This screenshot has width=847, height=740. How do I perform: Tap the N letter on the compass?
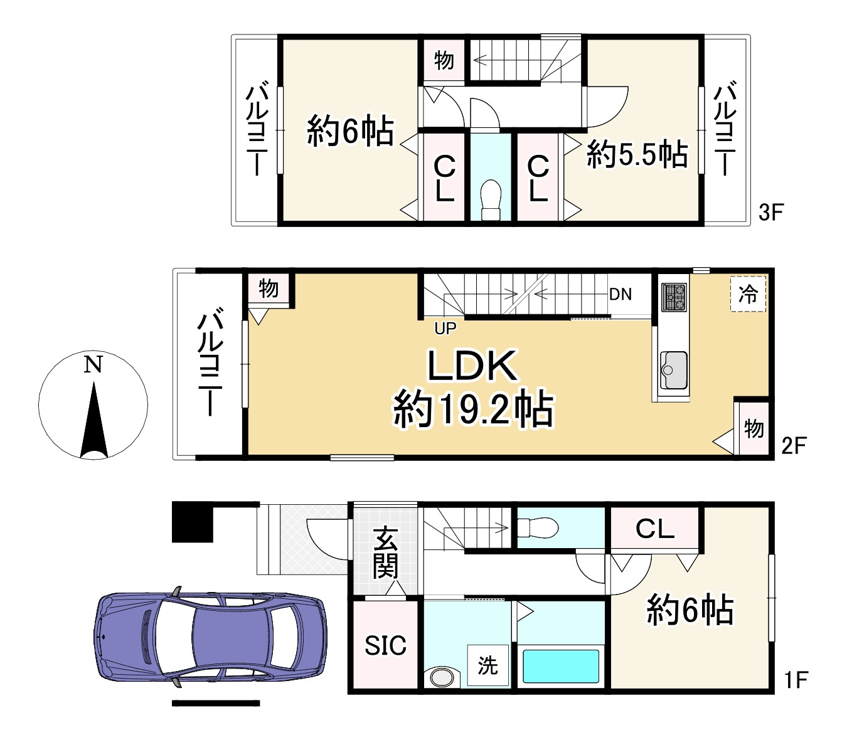click(x=93, y=365)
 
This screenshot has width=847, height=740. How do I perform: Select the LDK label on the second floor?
click(x=472, y=366)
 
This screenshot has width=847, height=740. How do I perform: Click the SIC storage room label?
click(x=385, y=645)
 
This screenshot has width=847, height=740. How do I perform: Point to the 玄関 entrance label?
click(x=385, y=552)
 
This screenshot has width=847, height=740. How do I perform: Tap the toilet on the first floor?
click(x=538, y=528)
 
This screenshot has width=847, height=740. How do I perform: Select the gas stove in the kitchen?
click(x=674, y=297)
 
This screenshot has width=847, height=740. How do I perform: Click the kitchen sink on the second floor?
click(x=674, y=370)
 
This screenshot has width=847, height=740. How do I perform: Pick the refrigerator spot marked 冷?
click(x=748, y=294)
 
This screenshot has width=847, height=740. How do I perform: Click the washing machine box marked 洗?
click(x=487, y=665)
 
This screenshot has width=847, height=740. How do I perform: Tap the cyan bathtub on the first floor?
click(x=561, y=667)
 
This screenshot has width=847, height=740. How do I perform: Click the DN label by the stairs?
click(x=620, y=295)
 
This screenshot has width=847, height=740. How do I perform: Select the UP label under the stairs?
click(x=445, y=328)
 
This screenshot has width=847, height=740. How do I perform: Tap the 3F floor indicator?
click(x=771, y=212)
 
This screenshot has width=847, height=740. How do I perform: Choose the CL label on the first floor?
click(x=655, y=528)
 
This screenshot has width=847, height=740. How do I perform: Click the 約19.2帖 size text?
click(x=473, y=409)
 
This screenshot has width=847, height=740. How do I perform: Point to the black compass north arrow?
click(x=94, y=420)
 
